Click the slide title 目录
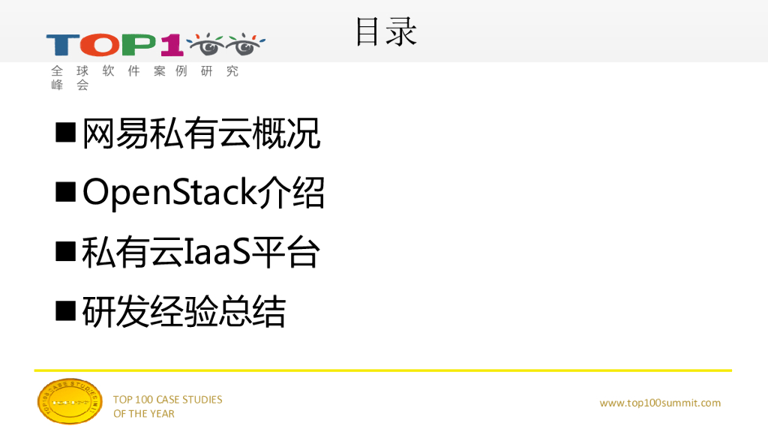coord(385,32)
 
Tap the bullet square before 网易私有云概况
coord(67,133)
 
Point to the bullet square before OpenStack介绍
coord(67,193)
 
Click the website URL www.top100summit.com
coord(660,403)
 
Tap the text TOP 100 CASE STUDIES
coord(167,400)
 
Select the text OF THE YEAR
coord(144,414)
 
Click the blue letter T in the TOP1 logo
coord(61,46)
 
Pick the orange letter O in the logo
coord(97,46)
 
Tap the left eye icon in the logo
coord(205,44)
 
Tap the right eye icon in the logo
coord(244,44)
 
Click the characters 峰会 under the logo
coord(70,85)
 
